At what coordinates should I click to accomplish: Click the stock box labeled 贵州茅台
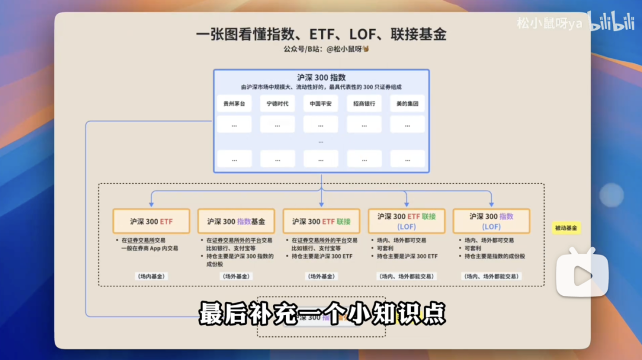[234, 103]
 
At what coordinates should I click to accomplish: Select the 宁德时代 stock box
[278, 103]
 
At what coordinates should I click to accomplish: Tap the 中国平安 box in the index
[320, 103]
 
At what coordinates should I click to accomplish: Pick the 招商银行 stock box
[364, 103]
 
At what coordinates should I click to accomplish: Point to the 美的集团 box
[407, 103]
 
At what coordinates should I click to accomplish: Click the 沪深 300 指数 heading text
[321, 77]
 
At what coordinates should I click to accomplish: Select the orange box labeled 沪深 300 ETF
[152, 221]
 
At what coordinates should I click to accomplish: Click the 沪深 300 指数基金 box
[236, 221]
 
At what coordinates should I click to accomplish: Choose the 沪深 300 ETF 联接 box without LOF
[321, 221]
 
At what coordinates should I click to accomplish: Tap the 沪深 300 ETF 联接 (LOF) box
[406, 221]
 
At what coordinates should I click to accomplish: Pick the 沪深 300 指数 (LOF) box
[491, 221]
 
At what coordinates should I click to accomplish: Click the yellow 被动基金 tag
[566, 228]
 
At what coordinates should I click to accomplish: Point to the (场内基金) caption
[152, 276]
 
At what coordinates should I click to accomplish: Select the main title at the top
[321, 34]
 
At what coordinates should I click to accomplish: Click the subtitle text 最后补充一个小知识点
[322, 313]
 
